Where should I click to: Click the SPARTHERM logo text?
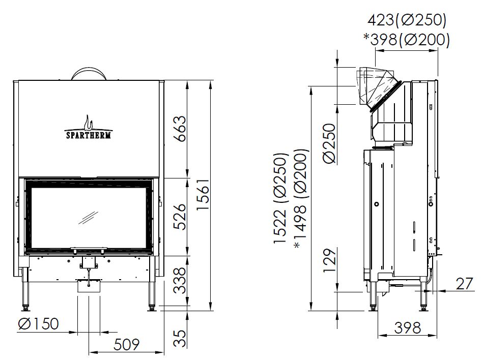(x=89, y=135)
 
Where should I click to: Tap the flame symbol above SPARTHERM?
(x=89, y=123)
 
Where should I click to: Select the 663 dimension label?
(x=181, y=129)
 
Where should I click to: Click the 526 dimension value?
(x=181, y=217)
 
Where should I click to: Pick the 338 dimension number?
(x=181, y=280)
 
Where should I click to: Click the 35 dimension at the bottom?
(x=181, y=339)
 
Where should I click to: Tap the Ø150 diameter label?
(x=38, y=324)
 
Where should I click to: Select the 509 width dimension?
(x=127, y=344)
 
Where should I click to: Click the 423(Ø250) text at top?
(x=407, y=20)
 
